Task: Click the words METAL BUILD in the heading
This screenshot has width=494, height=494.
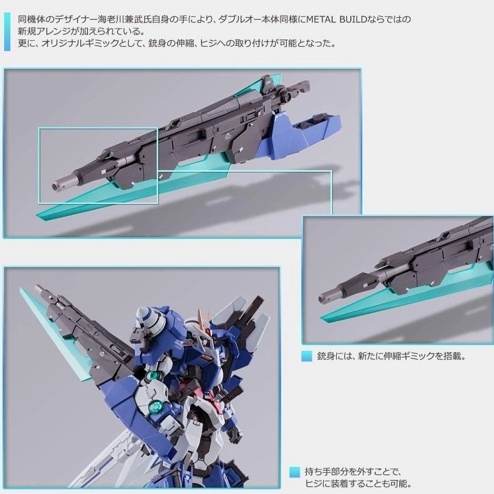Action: pyautogui.click(x=337, y=20)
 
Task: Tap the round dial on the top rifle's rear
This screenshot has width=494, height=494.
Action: pyautogui.click(x=288, y=95)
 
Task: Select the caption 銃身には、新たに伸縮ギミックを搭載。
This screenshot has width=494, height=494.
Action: pyautogui.click(x=391, y=357)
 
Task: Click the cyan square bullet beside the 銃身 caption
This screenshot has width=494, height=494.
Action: pyautogui.click(x=307, y=357)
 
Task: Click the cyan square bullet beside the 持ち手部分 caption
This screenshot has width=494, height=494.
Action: pyautogui.click(x=295, y=472)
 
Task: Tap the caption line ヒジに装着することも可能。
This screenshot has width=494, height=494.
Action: pyautogui.click(x=358, y=483)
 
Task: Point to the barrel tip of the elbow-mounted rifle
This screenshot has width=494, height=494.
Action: pyautogui.click(x=38, y=287)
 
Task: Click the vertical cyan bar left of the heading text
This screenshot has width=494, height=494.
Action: pyautogui.click(x=7, y=32)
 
